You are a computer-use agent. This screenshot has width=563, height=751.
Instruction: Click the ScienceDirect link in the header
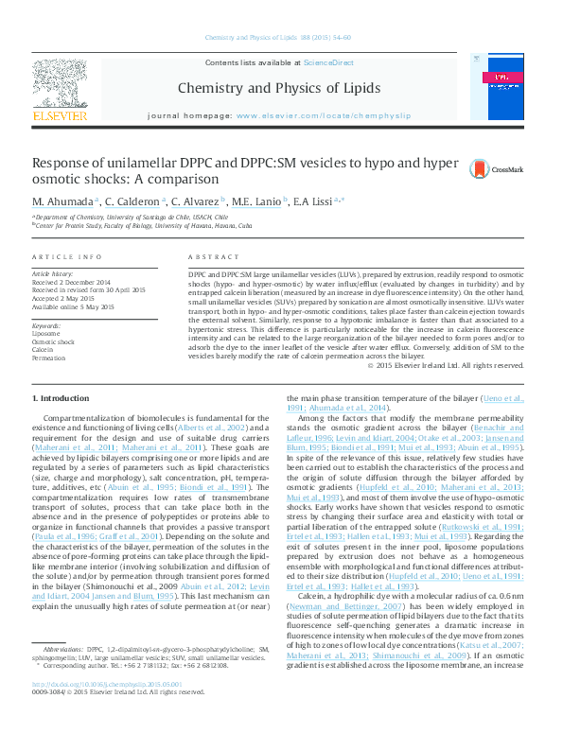click(x=328, y=62)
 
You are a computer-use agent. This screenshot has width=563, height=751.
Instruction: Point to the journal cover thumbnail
click(x=501, y=90)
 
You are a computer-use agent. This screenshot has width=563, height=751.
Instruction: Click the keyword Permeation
click(x=49, y=358)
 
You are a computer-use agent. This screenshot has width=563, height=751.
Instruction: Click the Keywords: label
click(x=47, y=325)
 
